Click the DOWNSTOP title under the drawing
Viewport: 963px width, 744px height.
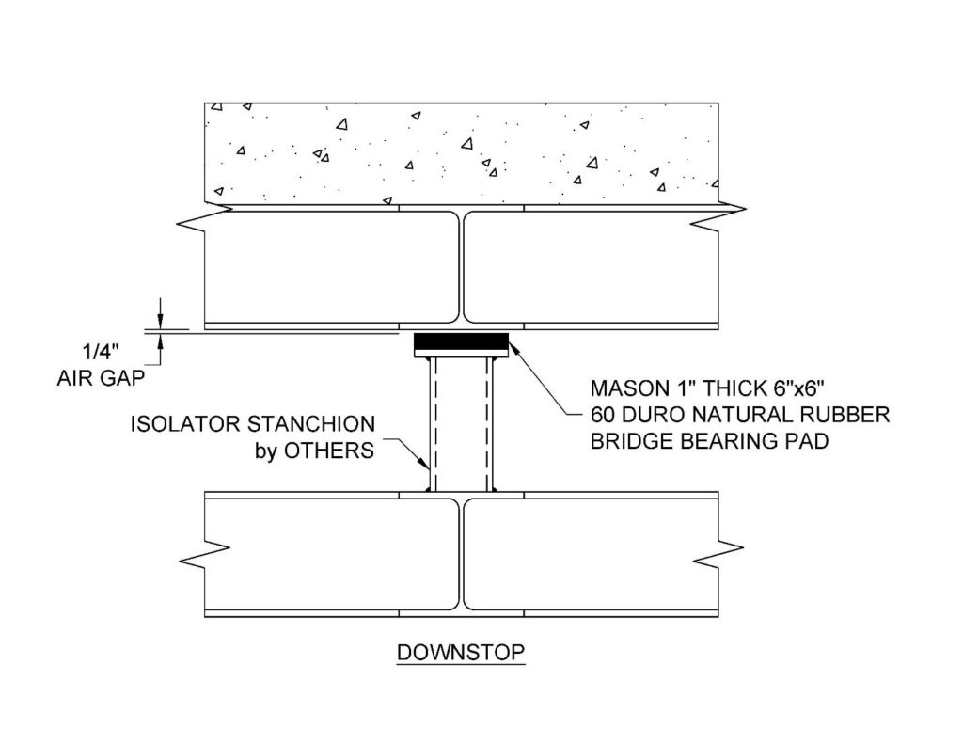tap(461, 652)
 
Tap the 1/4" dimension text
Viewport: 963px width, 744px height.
tap(101, 352)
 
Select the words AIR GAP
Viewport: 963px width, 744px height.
tap(101, 378)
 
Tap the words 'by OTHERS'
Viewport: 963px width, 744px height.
tap(314, 451)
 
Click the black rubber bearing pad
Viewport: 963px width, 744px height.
tap(461, 340)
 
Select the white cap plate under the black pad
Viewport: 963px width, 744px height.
tap(461, 353)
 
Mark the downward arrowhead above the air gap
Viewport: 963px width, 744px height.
tap(160, 322)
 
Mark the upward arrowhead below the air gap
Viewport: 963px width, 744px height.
tap(160, 340)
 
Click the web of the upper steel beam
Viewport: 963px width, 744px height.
tap(461, 266)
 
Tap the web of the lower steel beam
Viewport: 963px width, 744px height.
tap(461, 554)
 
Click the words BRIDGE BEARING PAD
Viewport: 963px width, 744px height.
tap(709, 441)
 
